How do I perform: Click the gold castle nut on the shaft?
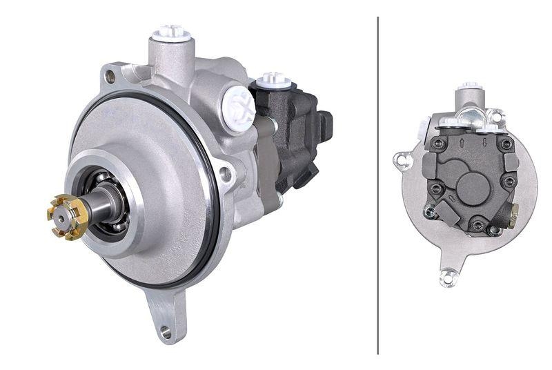(x=67, y=217)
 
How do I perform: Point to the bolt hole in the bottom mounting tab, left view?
(x=166, y=332)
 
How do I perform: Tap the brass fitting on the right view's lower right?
(x=513, y=216)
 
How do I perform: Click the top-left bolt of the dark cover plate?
(x=437, y=144)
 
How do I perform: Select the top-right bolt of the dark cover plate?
(x=506, y=144)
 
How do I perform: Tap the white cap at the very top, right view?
(x=471, y=87)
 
